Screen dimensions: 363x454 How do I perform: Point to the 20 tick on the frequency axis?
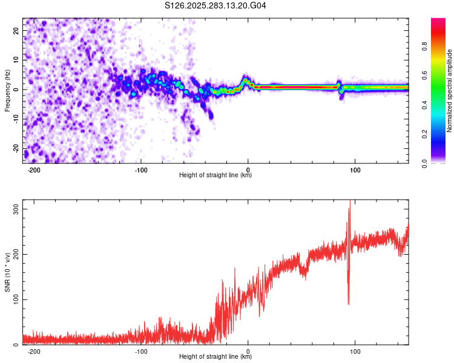tap(16, 30)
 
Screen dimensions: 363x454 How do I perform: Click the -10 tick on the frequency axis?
tap(15, 119)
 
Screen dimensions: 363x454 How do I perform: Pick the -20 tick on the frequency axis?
tap(15, 149)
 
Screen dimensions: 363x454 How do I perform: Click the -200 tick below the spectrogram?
tap(34, 170)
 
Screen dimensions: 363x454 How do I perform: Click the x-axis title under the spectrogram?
tap(215, 176)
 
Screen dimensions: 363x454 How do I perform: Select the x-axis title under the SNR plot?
tap(215, 358)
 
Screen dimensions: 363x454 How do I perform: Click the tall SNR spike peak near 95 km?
tap(349, 202)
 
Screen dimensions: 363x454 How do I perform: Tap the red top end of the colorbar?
tap(438, 21)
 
